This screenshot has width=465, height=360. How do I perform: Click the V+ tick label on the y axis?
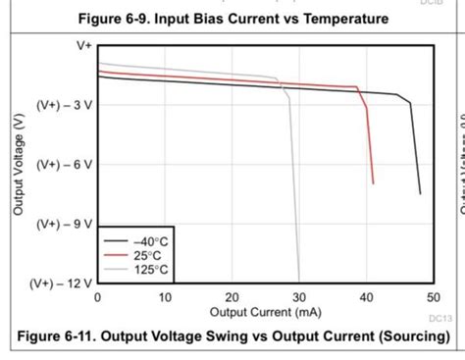pos(83,45)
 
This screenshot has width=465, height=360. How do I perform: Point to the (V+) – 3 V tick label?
pos(65,105)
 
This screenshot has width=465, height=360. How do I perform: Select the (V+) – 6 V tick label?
pos(65,165)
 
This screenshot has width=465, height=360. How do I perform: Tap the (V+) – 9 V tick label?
pos(65,224)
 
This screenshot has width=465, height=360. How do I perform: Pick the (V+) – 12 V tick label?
pos(62,283)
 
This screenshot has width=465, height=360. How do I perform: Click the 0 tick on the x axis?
pos(97,297)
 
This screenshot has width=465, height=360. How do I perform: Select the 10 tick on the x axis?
pos(165,297)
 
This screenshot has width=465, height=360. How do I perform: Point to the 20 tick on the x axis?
pos(232,297)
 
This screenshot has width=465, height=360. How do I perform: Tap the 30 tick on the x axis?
pos(299,297)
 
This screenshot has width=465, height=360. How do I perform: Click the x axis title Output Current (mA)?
pos(265,312)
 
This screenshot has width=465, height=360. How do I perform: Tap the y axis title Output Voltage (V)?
pos(18,164)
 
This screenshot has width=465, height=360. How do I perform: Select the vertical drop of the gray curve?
pos(293,186)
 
